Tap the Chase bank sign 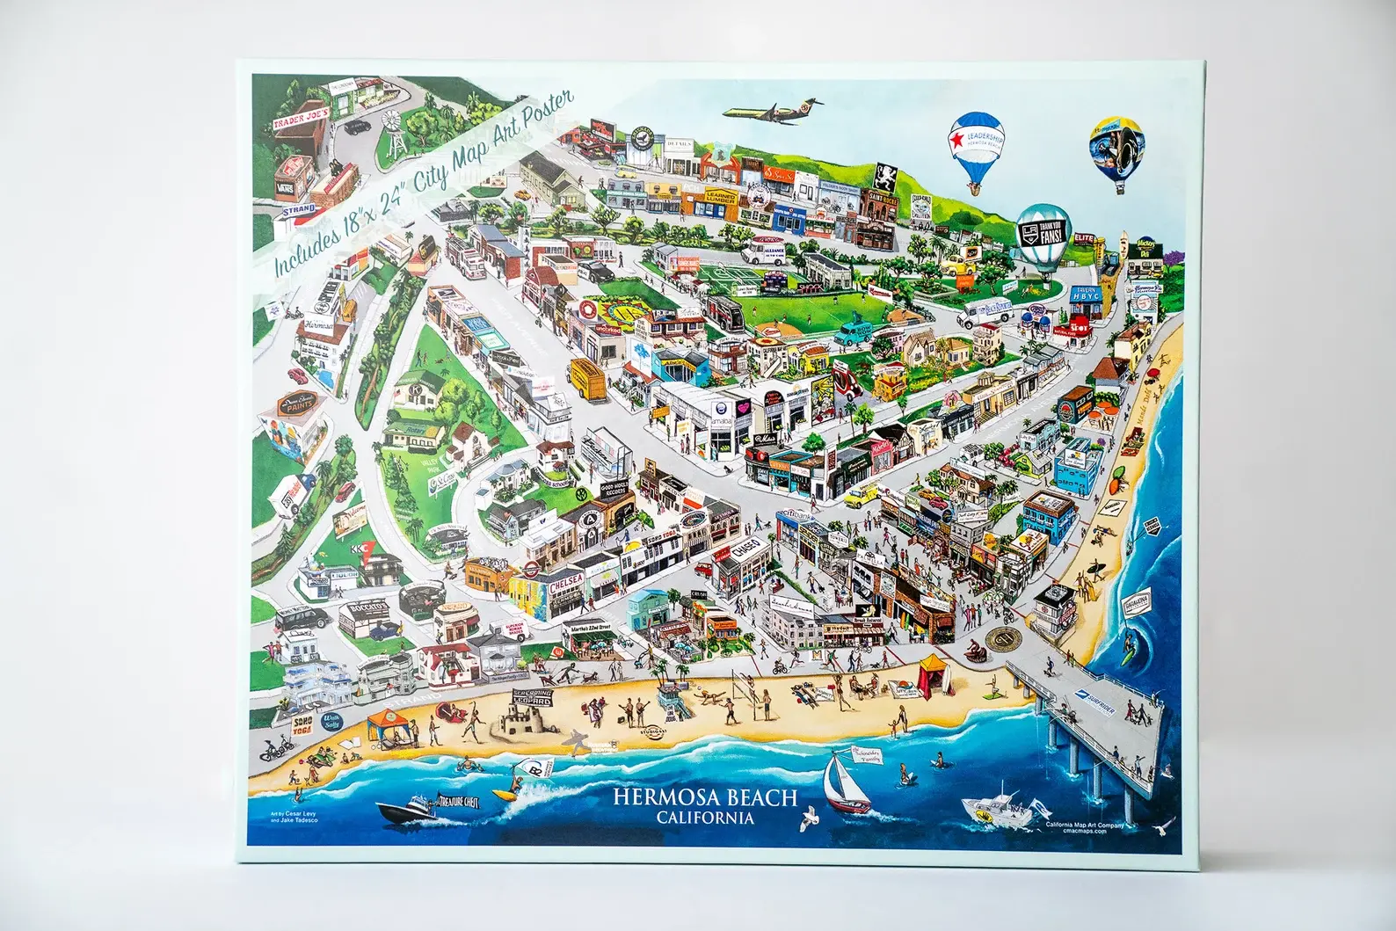pyautogui.click(x=739, y=549)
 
